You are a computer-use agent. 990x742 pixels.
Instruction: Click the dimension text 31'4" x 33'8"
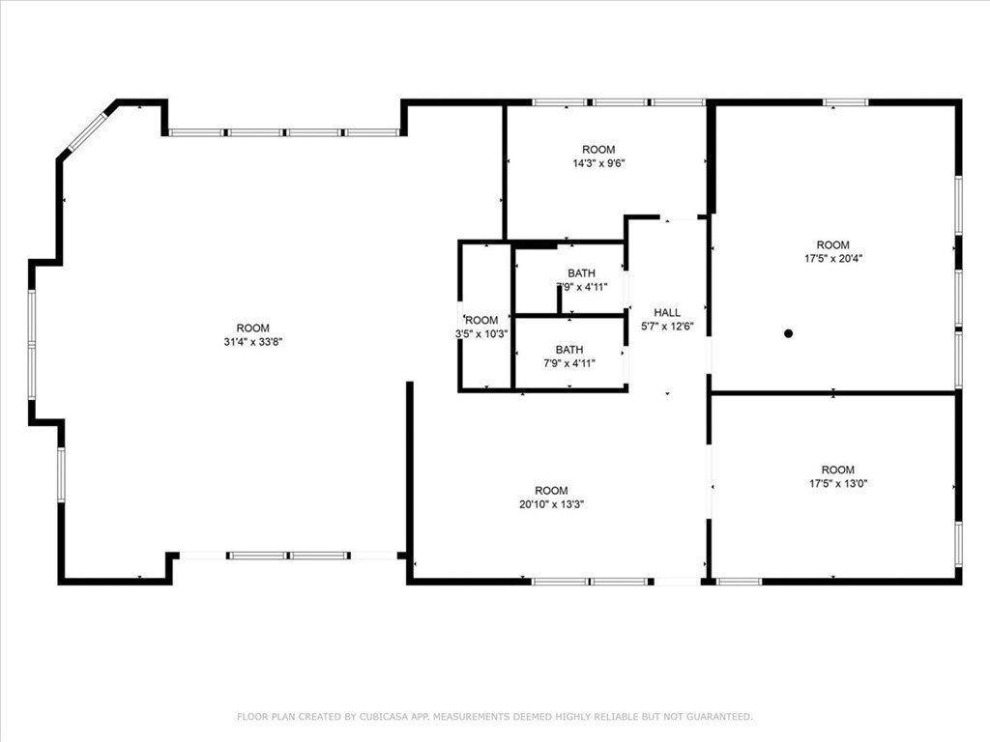click(x=253, y=341)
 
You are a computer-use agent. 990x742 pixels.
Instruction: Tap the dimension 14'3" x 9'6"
click(x=598, y=163)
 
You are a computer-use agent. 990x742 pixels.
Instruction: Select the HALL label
click(x=667, y=312)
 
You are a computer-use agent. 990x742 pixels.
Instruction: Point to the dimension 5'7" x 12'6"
click(x=667, y=327)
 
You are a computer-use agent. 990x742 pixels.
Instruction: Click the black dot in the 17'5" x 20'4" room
click(x=788, y=333)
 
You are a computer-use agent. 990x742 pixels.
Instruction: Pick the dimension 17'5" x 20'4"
click(x=832, y=259)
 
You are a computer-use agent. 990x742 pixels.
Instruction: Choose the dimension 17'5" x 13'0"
click(x=837, y=484)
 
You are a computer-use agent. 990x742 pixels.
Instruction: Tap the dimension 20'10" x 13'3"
click(x=551, y=504)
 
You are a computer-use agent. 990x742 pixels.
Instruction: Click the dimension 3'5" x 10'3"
click(x=481, y=333)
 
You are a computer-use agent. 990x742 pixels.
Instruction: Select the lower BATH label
click(x=569, y=350)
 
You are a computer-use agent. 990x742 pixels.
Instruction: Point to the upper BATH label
click(x=581, y=273)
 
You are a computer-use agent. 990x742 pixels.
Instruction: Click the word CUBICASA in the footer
click(x=384, y=717)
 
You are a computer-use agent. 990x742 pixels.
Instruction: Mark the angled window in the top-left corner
click(x=87, y=131)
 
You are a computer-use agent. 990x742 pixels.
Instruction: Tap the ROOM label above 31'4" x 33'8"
click(x=253, y=328)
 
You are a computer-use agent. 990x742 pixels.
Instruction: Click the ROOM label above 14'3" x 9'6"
click(x=598, y=150)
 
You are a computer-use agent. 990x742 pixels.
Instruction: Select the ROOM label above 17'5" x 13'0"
click(x=837, y=471)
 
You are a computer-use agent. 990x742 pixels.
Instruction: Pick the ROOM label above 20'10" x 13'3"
click(x=551, y=491)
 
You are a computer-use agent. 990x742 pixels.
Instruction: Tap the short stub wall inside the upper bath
click(x=560, y=299)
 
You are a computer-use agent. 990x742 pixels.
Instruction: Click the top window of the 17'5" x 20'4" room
click(x=845, y=101)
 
